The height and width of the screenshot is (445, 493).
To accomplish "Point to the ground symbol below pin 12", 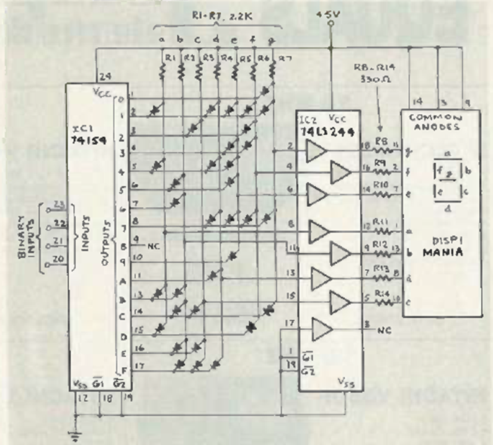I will point(78,436).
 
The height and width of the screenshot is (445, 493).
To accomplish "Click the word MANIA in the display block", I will point(442,254).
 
